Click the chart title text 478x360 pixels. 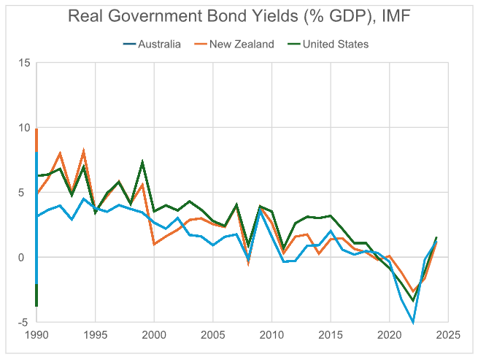(239, 17)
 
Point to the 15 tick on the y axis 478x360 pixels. (24, 63)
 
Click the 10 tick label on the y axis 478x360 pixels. (24, 128)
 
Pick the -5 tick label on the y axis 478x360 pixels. (24, 322)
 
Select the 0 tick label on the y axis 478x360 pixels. (26, 257)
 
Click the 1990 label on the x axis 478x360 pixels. (36, 336)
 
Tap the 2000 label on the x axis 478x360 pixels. (154, 336)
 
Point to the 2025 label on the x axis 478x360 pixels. (447, 336)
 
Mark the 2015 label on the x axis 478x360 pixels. (330, 336)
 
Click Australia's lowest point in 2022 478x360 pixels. (412, 322)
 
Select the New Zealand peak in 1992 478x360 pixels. (60, 153)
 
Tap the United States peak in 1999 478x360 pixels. (142, 162)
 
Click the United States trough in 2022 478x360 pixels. (412, 300)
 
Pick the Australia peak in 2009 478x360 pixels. (260, 211)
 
